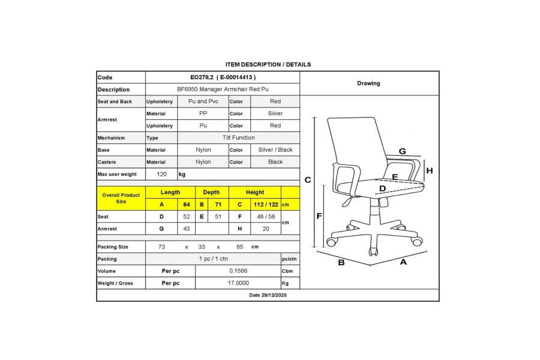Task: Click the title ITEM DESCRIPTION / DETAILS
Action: coord(268,64)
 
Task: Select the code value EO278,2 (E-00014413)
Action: coord(222,77)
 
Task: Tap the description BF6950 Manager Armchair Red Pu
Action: coord(222,89)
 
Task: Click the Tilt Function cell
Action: coord(238,137)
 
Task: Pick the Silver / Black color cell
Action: coord(275,149)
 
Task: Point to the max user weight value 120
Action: coord(161,174)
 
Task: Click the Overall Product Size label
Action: coord(121,199)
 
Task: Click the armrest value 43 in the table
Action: coord(187,229)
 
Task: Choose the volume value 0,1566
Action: coord(238,271)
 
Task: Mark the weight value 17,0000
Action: coord(238,283)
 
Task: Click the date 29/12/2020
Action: coord(268,295)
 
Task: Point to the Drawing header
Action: coord(368,83)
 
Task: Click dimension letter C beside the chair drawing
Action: coord(308,179)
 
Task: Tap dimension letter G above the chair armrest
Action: coord(402,151)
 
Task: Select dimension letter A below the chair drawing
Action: coord(403,262)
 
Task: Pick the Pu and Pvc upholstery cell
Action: coord(203,101)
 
